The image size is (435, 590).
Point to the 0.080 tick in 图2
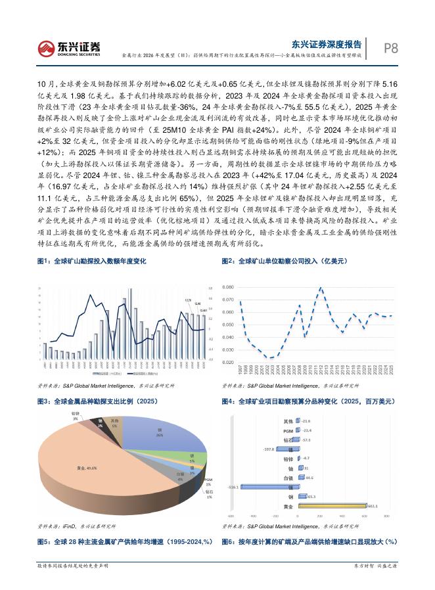pyautogui.click(x=228, y=288)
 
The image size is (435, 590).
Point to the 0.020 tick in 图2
pyautogui.click(x=228, y=362)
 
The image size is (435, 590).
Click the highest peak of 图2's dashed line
pyautogui.click(x=321, y=288)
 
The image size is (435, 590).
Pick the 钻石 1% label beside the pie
pyautogui.click(x=209, y=493)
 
